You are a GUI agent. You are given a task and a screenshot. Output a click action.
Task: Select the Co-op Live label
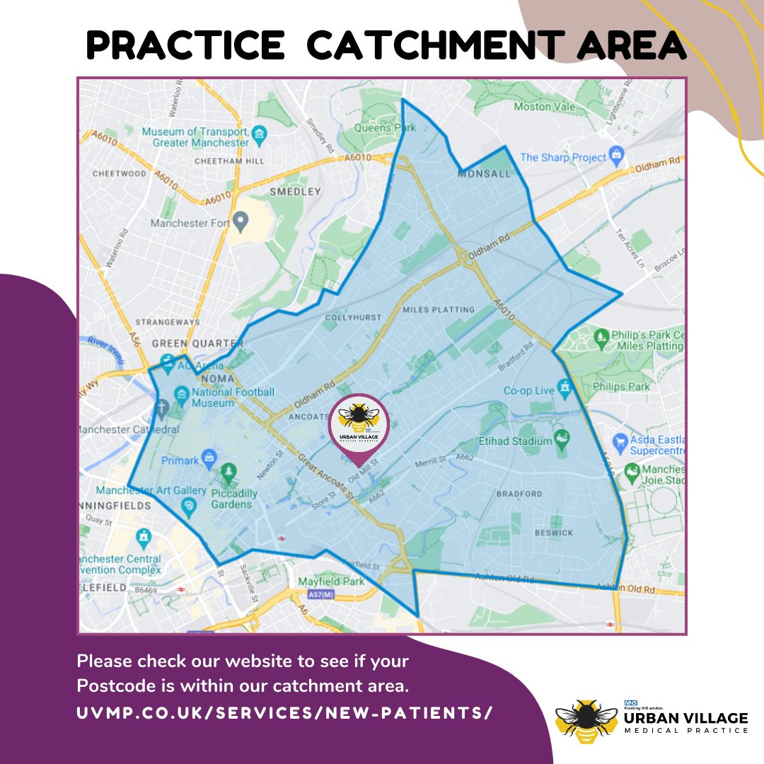click(528, 390)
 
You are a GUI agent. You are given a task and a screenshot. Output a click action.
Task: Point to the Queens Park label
click(384, 128)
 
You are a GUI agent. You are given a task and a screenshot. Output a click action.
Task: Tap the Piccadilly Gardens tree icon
click(228, 470)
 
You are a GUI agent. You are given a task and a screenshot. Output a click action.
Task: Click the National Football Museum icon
click(180, 393)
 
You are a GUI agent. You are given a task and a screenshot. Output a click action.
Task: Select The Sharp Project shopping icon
click(617, 154)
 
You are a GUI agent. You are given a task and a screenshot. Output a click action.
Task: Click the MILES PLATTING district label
click(439, 310)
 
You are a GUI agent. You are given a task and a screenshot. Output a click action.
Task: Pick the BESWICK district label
click(553, 532)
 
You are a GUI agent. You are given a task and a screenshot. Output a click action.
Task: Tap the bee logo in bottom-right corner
click(585, 720)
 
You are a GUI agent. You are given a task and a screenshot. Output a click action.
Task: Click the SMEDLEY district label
click(295, 192)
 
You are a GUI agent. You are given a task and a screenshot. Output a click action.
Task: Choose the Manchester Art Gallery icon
click(189, 504)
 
